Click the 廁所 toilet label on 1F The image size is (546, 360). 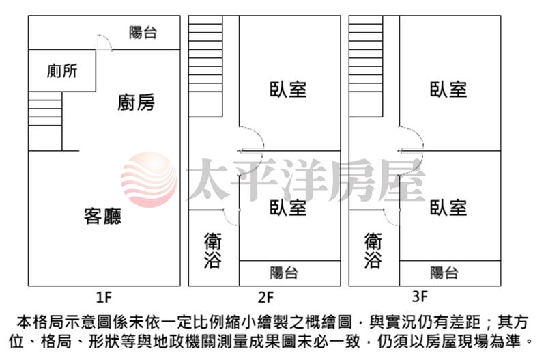tap(62, 71)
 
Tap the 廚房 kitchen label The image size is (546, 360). tap(136, 102)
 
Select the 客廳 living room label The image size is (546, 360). tap(103, 216)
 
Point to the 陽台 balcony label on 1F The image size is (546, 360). tap(143, 33)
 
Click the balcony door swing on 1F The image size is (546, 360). tap(104, 42)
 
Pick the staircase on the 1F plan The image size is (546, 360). tap(45, 122)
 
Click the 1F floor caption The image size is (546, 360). tap(104, 297)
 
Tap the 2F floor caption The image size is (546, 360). tap(265, 297)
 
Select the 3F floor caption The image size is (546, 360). tap(420, 296)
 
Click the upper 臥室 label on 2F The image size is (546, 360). tap(288, 89)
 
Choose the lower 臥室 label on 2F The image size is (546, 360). tap(288, 208)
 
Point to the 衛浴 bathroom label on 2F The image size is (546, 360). tap(212, 251)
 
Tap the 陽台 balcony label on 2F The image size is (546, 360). tap(284, 273)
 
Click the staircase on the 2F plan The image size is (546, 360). tap(205, 66)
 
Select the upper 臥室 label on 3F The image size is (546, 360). tap(448, 89)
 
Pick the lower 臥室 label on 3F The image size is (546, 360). tap(448, 208)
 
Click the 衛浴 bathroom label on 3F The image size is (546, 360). tap(373, 251)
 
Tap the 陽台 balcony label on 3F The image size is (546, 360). tap(444, 273)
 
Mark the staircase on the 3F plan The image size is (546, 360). tap(366, 66)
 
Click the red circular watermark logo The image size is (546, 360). tap(149, 180)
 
